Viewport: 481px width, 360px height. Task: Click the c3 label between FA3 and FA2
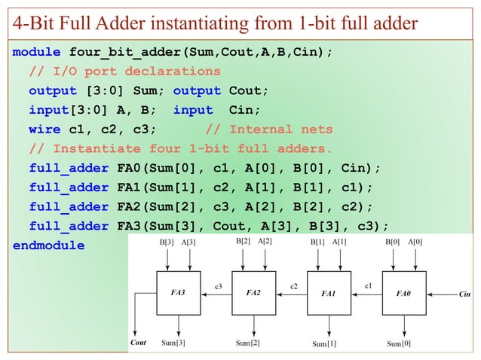click(218, 285)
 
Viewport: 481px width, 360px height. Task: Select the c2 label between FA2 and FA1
click(294, 285)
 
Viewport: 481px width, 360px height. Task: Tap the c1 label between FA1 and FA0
click(369, 285)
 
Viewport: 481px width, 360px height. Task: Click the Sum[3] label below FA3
click(173, 343)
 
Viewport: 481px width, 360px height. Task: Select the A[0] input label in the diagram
click(415, 242)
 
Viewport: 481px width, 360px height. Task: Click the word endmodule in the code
click(48, 246)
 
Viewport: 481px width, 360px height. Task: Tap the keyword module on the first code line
click(36, 53)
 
